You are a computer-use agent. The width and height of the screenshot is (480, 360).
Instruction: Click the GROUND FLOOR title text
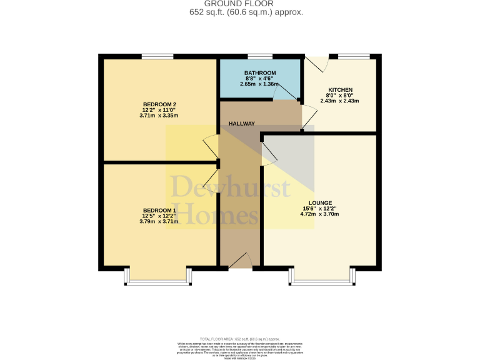(x=240, y=4)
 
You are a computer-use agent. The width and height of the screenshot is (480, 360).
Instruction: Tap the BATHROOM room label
(x=260, y=73)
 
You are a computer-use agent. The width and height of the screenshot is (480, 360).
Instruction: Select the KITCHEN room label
(x=340, y=90)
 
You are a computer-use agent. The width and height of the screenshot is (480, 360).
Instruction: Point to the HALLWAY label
(x=241, y=124)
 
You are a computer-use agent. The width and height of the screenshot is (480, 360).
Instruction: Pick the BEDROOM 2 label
(x=159, y=104)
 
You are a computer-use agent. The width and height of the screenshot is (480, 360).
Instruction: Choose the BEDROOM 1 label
(x=159, y=210)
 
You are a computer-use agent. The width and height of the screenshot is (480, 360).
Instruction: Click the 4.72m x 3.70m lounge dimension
(x=319, y=214)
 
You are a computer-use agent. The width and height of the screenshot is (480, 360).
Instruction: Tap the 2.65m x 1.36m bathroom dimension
(x=260, y=84)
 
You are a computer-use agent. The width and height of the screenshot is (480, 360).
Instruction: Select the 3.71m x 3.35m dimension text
(x=159, y=116)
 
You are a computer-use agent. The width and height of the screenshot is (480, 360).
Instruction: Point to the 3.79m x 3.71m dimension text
(x=159, y=221)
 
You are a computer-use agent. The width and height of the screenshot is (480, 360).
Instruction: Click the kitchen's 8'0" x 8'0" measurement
(x=340, y=96)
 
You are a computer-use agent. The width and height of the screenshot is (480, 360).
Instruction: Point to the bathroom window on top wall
(x=260, y=57)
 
